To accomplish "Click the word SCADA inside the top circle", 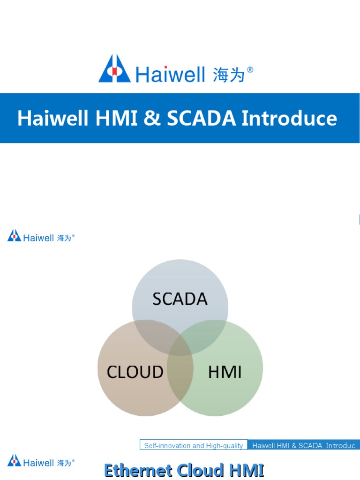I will click(180, 299).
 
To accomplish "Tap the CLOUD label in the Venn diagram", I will click(135, 372).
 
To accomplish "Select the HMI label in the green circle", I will click(225, 372).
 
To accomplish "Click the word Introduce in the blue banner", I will click(289, 118).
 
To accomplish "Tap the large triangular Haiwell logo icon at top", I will click(115, 69).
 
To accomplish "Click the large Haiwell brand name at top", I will click(171, 74).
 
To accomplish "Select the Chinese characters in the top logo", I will click(229, 74).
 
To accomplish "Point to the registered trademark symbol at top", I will click(250, 69).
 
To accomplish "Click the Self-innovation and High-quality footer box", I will click(194, 445).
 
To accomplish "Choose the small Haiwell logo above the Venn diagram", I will click(41, 236).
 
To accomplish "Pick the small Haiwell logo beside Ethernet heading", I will click(41, 461).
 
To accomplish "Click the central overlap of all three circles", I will click(180, 345).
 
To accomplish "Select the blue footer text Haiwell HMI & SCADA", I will click(304, 445).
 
